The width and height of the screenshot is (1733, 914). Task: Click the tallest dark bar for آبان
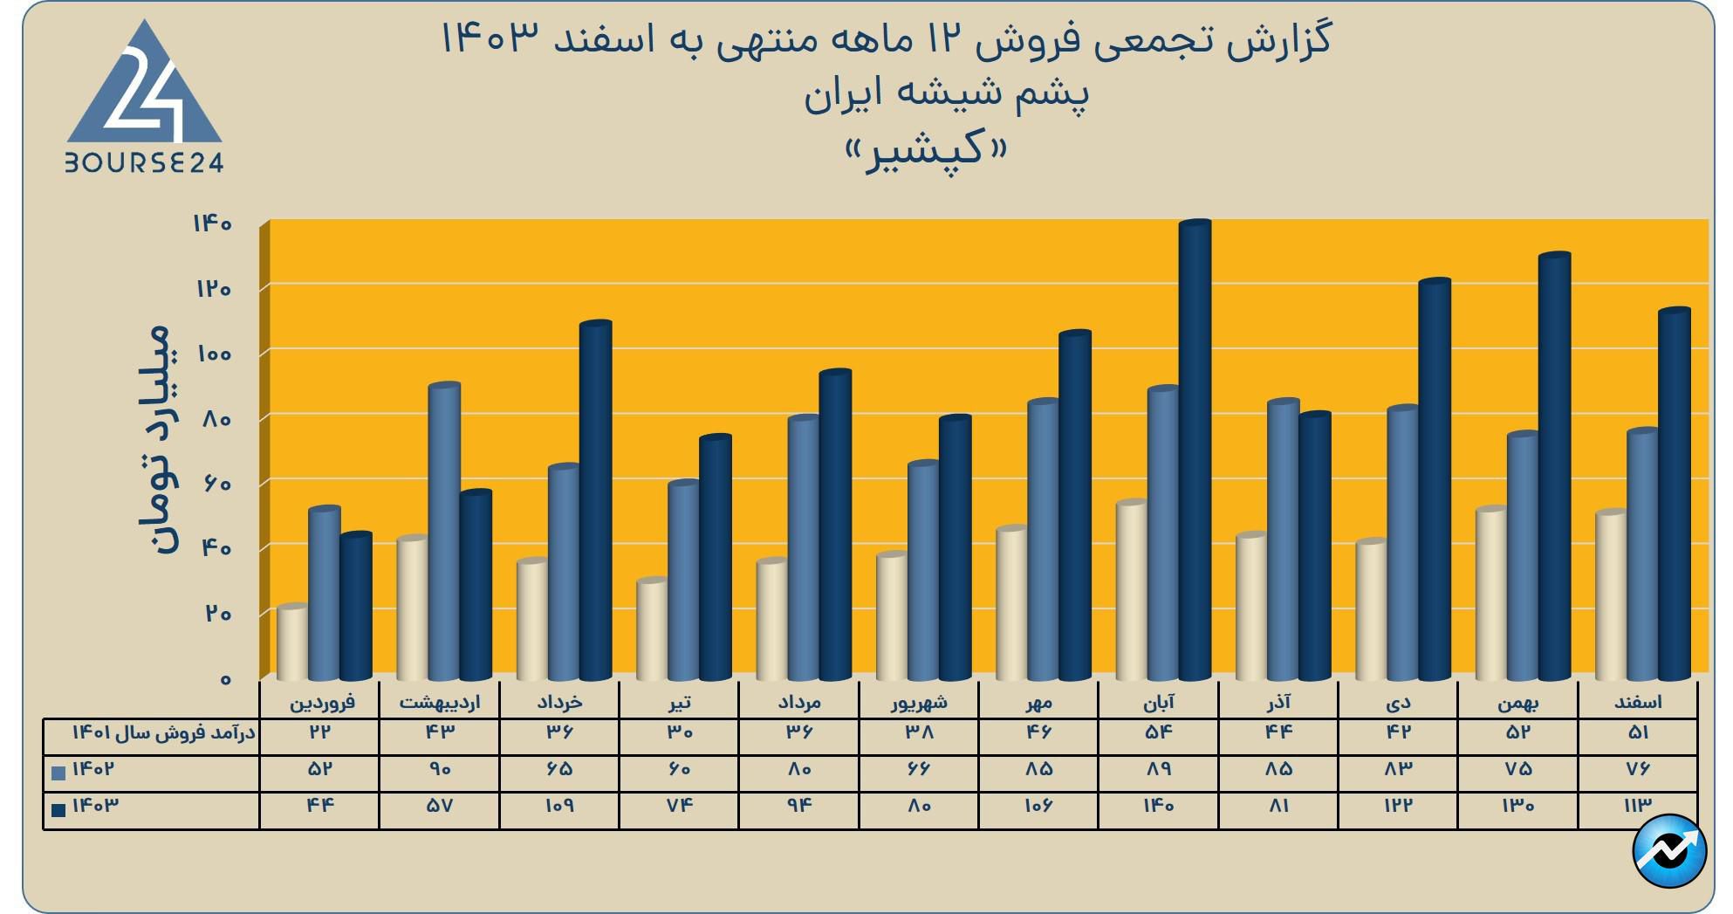pos(1195,450)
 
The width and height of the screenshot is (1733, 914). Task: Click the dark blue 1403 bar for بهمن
pos(1554,466)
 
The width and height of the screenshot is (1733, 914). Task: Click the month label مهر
pos(1039,702)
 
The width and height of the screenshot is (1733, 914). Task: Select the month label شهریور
pos(919,702)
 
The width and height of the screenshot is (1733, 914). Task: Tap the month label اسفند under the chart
pos(1638,702)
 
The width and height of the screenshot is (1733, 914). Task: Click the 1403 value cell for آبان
pos(1159,806)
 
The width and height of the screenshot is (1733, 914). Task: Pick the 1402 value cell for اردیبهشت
pos(440,769)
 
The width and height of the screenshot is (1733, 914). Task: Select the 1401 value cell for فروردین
pos(319,732)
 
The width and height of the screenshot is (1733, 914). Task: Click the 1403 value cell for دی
pos(1398,806)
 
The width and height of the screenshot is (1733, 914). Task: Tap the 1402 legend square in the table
pos(59,773)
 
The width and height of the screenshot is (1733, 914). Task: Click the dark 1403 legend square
pos(59,809)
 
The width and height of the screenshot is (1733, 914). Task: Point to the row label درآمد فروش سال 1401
pos(163,732)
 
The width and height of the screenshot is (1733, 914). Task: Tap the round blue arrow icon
pos(1669,851)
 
